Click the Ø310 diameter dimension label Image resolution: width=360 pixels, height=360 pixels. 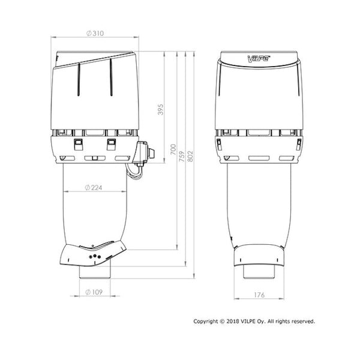click(x=95, y=33)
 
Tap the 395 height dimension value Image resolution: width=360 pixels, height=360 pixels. click(x=160, y=109)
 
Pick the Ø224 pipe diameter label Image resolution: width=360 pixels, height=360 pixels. click(x=94, y=188)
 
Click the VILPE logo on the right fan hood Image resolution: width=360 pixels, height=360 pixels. click(x=259, y=59)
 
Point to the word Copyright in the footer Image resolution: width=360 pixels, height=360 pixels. click(x=205, y=321)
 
